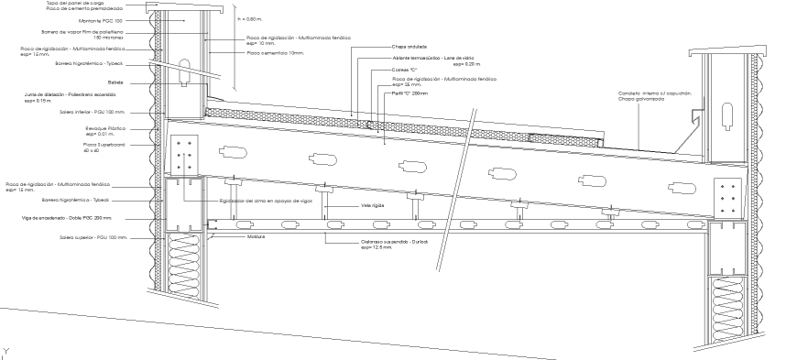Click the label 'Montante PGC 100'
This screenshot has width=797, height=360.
coord(100,20)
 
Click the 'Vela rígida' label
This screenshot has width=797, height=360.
coord(372,206)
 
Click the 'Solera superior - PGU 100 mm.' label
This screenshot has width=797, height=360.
coord(93,236)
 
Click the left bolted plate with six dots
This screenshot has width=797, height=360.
coord(184,155)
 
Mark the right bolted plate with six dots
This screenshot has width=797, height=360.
coord(730,197)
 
